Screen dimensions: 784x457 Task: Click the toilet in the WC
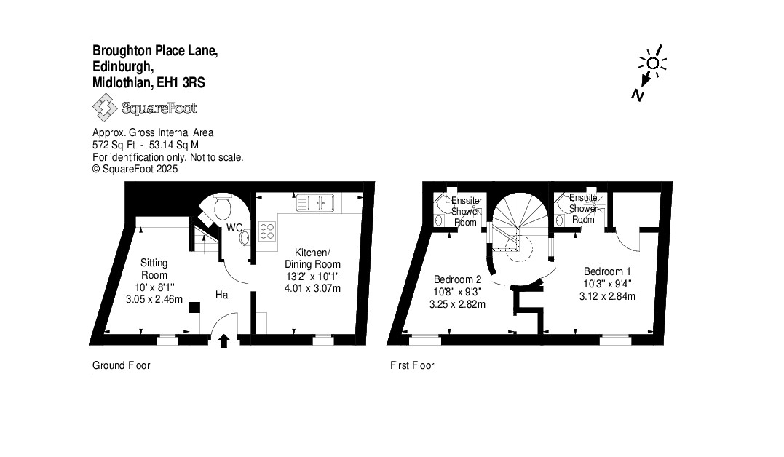pyautogui.click(x=223, y=207)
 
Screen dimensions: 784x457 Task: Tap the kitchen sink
pyautogui.click(x=315, y=203)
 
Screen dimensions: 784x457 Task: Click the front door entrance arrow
pyautogui.click(x=224, y=341)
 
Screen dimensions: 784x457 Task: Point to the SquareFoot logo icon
pyautogui.click(x=105, y=108)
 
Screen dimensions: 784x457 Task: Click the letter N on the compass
pyautogui.click(x=638, y=94)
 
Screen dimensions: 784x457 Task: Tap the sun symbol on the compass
pyautogui.click(x=652, y=63)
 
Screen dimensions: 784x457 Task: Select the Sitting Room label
pyautogui.click(x=154, y=269)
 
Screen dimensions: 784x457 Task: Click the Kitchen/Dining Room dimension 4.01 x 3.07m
pyautogui.click(x=312, y=288)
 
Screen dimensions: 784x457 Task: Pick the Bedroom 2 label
pyautogui.click(x=457, y=279)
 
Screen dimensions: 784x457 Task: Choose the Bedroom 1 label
pyautogui.click(x=608, y=271)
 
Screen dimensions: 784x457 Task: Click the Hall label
pyautogui.click(x=224, y=295)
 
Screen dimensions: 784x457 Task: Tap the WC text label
pyautogui.click(x=234, y=228)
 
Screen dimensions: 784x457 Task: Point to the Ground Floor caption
pyautogui.click(x=121, y=365)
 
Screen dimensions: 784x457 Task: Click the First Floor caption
pyautogui.click(x=412, y=365)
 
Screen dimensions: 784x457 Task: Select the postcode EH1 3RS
pyautogui.click(x=181, y=82)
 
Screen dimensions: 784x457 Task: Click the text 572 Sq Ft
pyautogui.click(x=114, y=145)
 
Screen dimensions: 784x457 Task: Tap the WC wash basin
pyautogui.click(x=245, y=237)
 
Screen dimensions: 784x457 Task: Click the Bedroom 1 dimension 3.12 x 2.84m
pyautogui.click(x=608, y=296)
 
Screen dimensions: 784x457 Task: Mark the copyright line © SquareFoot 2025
pyautogui.click(x=135, y=169)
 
